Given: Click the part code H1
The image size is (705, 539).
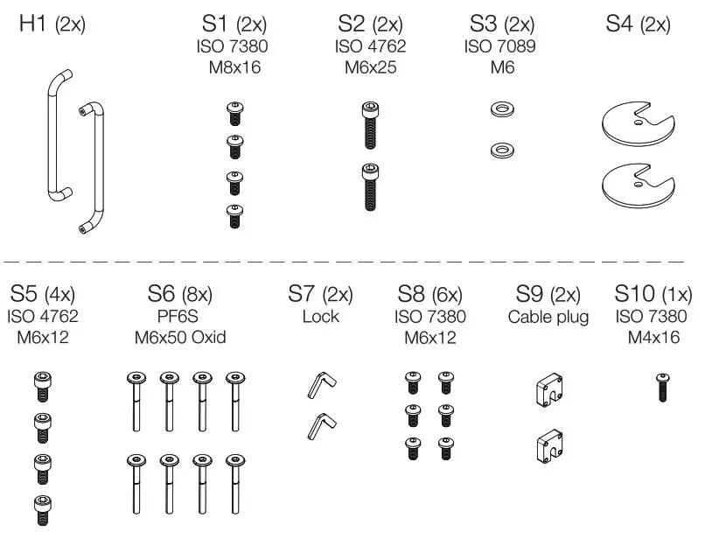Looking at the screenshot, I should tap(34, 24).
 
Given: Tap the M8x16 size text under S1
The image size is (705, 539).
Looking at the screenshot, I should tap(234, 67).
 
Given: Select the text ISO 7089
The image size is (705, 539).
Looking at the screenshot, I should tap(500, 46).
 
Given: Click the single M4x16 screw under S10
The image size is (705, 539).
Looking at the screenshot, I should tap(663, 386).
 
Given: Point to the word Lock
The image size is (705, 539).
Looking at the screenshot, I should tap(320, 316).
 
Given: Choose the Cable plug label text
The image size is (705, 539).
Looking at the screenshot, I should tap(548, 316).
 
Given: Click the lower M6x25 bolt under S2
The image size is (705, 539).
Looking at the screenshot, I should tap(371, 186).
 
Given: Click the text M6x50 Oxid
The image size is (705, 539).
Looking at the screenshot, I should tap(181, 338).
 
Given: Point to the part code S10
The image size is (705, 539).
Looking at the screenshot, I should tap(637, 292).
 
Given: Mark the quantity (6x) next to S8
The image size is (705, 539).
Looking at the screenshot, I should tap(447, 293).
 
